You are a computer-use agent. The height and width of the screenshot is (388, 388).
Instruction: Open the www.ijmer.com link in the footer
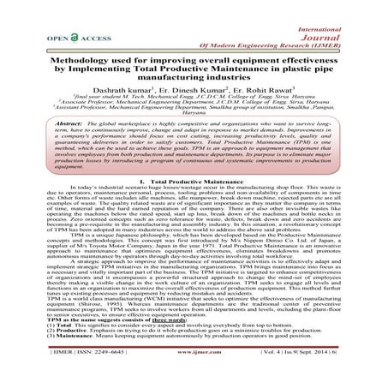tap(193, 374)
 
